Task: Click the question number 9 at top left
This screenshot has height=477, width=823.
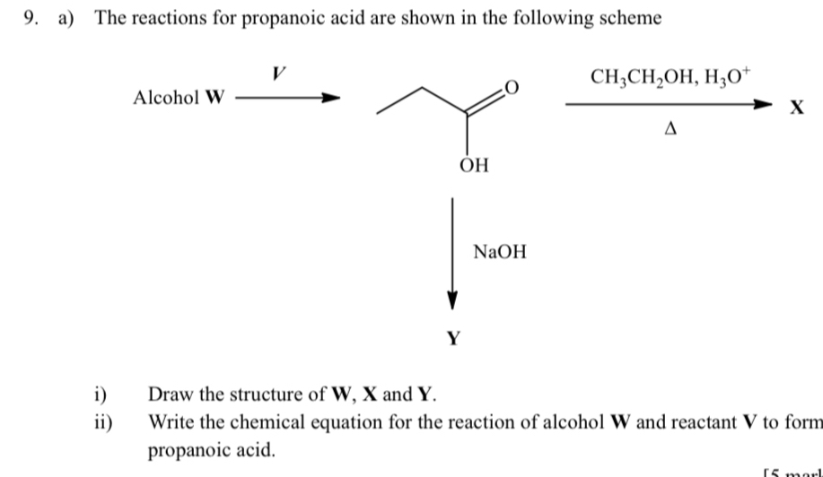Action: (12, 18)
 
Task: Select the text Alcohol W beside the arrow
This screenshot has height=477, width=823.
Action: (178, 98)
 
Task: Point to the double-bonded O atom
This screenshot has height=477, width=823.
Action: (511, 87)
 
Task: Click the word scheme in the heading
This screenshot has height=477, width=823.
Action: (634, 18)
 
